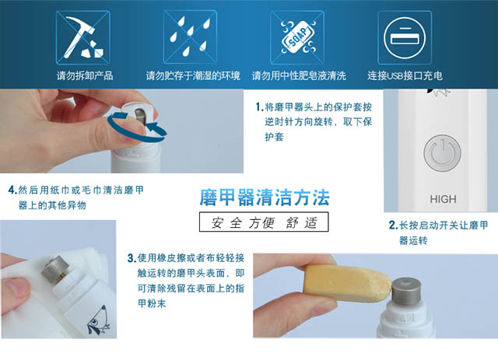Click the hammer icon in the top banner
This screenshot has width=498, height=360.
(83, 37)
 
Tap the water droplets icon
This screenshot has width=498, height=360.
(190, 37)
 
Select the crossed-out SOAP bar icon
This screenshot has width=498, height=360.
(297, 37)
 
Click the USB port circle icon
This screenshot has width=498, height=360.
(405, 37)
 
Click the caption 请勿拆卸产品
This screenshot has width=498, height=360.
(85, 75)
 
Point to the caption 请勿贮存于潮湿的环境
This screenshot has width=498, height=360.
(193, 75)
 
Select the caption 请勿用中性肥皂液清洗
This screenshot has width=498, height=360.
(299, 75)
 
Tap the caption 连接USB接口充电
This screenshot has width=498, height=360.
(405, 75)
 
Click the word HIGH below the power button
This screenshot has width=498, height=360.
(443, 199)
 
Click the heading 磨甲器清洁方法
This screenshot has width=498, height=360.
(265, 197)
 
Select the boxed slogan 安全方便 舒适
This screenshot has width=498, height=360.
(264, 222)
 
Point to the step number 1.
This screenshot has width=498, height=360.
(259, 107)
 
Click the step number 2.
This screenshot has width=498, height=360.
(393, 225)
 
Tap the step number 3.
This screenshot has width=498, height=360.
(132, 258)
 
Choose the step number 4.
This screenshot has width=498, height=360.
(12, 190)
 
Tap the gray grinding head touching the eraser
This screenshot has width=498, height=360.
(407, 291)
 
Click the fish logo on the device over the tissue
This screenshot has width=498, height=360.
(99, 321)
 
